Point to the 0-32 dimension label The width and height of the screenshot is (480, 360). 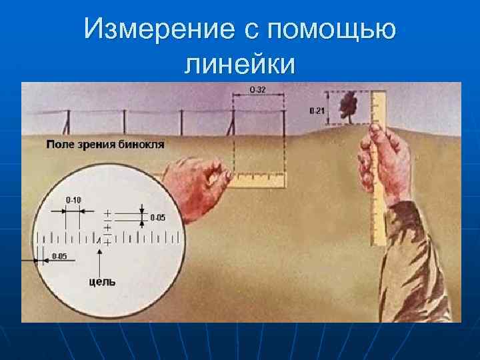(257, 89)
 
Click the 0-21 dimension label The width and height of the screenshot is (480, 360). (317, 111)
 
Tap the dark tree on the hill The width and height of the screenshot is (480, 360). (347, 105)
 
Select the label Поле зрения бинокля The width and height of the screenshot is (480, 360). (105, 144)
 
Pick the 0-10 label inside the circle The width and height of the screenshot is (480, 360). (73, 199)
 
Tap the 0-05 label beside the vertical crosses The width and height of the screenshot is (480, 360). (159, 217)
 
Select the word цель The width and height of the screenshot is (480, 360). (102, 281)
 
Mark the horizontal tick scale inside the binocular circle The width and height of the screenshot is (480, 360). (110, 237)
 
